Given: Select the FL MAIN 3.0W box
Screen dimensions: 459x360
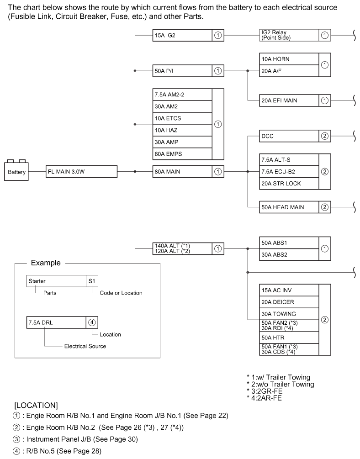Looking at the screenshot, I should coord(82,172).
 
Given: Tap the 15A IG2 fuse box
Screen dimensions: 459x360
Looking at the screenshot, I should coord(182,35).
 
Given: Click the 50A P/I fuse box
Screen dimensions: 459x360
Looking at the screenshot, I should coord(182,71).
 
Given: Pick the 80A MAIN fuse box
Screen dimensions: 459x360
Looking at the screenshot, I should coord(182,172).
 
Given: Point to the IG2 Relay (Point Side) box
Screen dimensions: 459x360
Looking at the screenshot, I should coord(288,35).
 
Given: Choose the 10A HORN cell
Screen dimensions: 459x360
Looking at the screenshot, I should coord(288,59).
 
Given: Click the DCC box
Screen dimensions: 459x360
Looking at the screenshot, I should coord(288,136).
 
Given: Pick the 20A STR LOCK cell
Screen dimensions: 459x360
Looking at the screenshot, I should coord(288,184).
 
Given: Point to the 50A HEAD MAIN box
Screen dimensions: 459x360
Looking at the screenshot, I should coord(288,207).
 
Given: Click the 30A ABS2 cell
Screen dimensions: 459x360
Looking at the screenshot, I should coord(288,255).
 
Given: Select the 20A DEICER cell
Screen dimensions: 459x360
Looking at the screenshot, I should coord(288,302).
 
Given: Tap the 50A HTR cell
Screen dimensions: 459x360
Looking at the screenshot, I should coord(288,337).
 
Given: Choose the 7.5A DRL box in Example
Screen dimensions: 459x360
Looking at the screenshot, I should coord(56,322).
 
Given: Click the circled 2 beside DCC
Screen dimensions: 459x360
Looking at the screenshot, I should coord(324,136).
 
